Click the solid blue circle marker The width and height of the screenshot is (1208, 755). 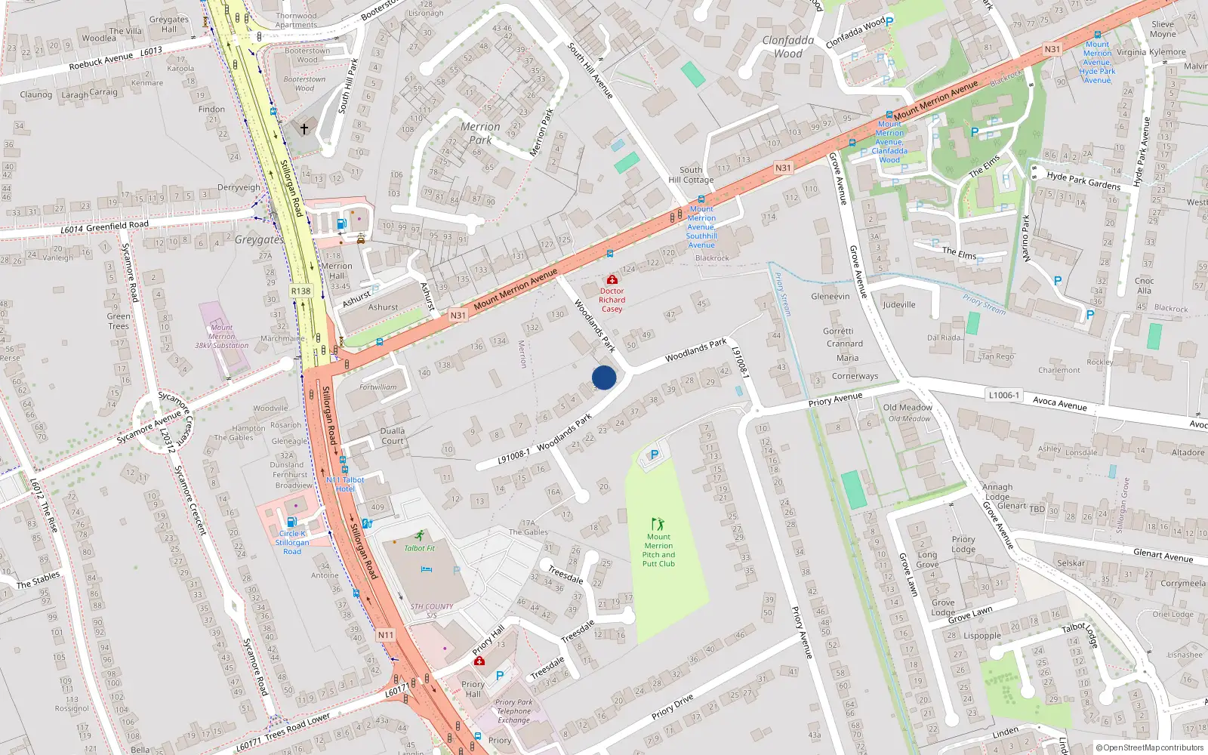[604, 377]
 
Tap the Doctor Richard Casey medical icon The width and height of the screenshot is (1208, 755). [612, 280]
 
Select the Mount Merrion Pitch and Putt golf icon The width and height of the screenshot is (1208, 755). [658, 524]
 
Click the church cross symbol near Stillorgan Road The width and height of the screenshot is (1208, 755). [304, 129]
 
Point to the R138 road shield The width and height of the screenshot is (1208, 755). [300, 291]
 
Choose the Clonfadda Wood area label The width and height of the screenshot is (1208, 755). [788, 47]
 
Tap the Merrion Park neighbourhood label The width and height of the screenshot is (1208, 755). [480, 133]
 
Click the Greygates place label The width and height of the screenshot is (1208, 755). [259, 240]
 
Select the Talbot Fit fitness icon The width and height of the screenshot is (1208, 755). [420, 536]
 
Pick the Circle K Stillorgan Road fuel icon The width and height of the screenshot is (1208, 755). [291, 522]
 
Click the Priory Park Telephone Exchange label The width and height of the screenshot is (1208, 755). [514, 711]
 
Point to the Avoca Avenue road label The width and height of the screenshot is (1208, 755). [1060, 403]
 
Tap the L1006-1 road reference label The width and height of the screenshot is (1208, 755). [1004, 395]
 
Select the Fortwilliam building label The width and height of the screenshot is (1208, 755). [378, 387]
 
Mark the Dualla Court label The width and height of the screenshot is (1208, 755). [393, 436]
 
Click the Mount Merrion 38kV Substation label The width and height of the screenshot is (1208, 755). [221, 337]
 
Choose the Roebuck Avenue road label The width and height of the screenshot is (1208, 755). [100, 62]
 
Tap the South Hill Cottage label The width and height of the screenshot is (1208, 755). [691, 175]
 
